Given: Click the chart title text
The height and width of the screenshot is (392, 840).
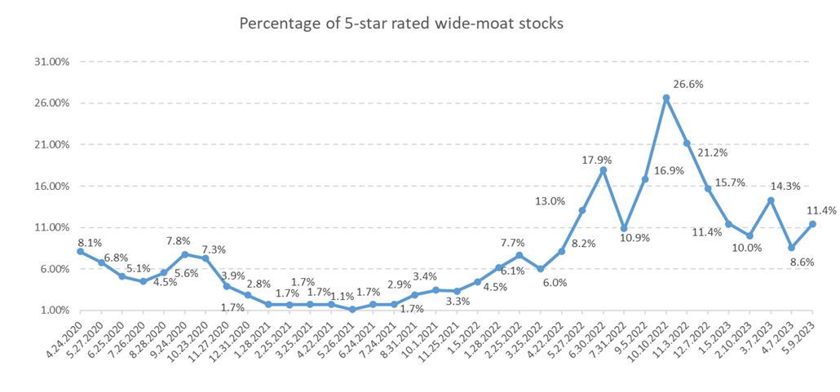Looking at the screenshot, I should [400, 24].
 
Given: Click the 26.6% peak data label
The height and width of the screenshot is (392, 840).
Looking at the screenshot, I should [688, 84].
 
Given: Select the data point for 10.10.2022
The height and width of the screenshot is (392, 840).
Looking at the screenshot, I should [666, 98].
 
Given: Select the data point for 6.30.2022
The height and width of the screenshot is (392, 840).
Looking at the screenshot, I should [603, 170].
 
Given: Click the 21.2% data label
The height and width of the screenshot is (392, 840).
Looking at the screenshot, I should [713, 152].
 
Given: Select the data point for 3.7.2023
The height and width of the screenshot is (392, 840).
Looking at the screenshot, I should [771, 200].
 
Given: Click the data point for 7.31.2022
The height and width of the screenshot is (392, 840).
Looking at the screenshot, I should [625, 228].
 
